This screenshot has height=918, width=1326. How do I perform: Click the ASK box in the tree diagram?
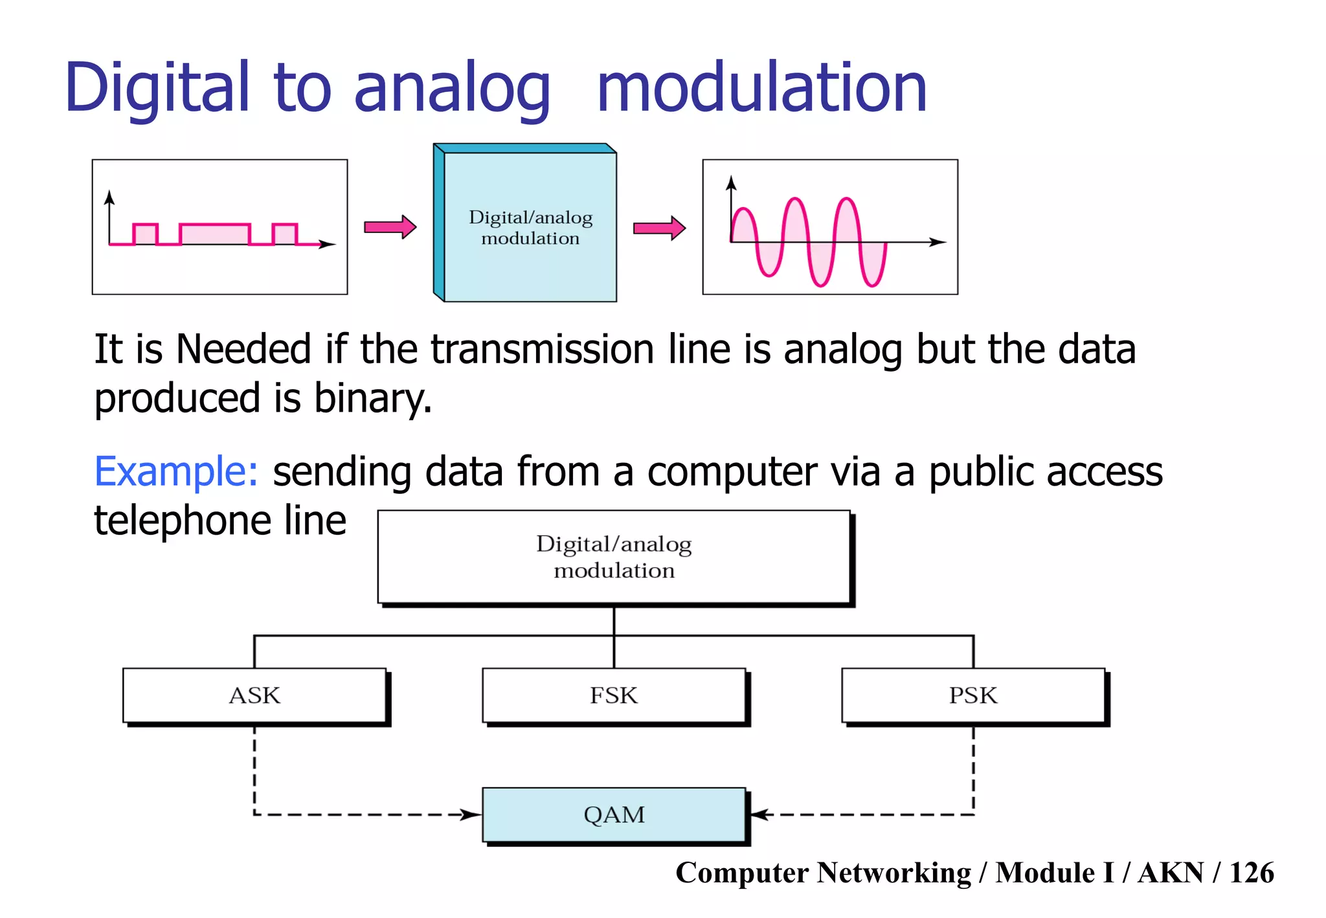pyautogui.click(x=254, y=695)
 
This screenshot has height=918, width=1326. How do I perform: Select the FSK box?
pyautogui.click(x=613, y=695)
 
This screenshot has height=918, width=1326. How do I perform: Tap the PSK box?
pyautogui.click(x=972, y=695)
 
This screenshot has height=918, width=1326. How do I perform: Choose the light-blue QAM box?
pyautogui.click(x=614, y=814)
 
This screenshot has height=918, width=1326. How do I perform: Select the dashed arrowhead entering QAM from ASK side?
pyautogui.click(x=471, y=814)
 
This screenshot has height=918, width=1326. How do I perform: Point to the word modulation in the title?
pyautogui.click(x=761, y=87)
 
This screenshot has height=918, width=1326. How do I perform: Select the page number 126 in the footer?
pyautogui.click(x=1252, y=873)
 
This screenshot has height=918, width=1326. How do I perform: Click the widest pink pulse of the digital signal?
pyautogui.click(x=215, y=234)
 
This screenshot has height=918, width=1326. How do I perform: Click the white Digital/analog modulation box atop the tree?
pyautogui.click(x=614, y=557)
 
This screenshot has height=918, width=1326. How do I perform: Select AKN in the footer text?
pyautogui.click(x=1171, y=873)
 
